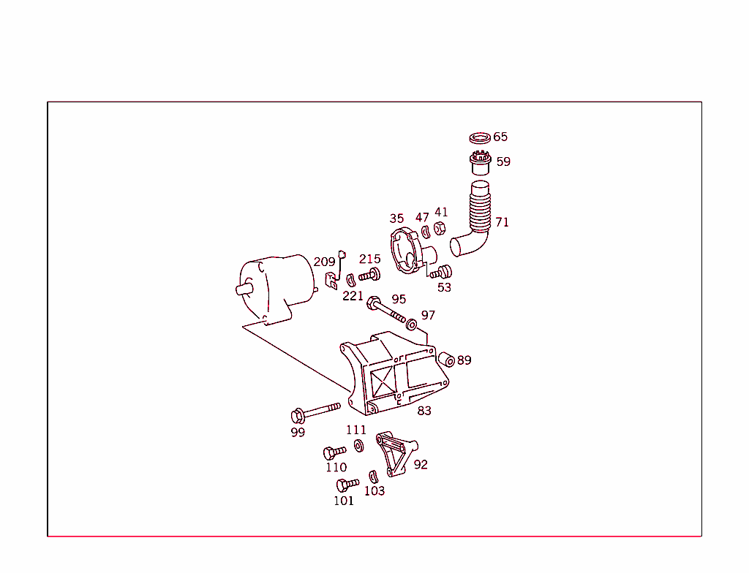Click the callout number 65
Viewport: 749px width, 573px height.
tap(500, 137)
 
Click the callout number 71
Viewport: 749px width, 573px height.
tap(502, 222)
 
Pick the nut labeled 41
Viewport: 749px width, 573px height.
tap(440, 228)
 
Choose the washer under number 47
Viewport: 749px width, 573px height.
tap(425, 232)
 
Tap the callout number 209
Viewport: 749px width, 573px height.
tap(324, 262)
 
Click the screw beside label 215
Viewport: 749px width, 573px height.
tap(370, 276)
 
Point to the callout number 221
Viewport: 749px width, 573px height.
tap(353, 296)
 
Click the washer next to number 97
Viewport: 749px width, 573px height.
tap(412, 322)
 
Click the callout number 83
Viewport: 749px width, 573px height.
tap(424, 411)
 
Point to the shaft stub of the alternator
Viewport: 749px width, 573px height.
tap(244, 289)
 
